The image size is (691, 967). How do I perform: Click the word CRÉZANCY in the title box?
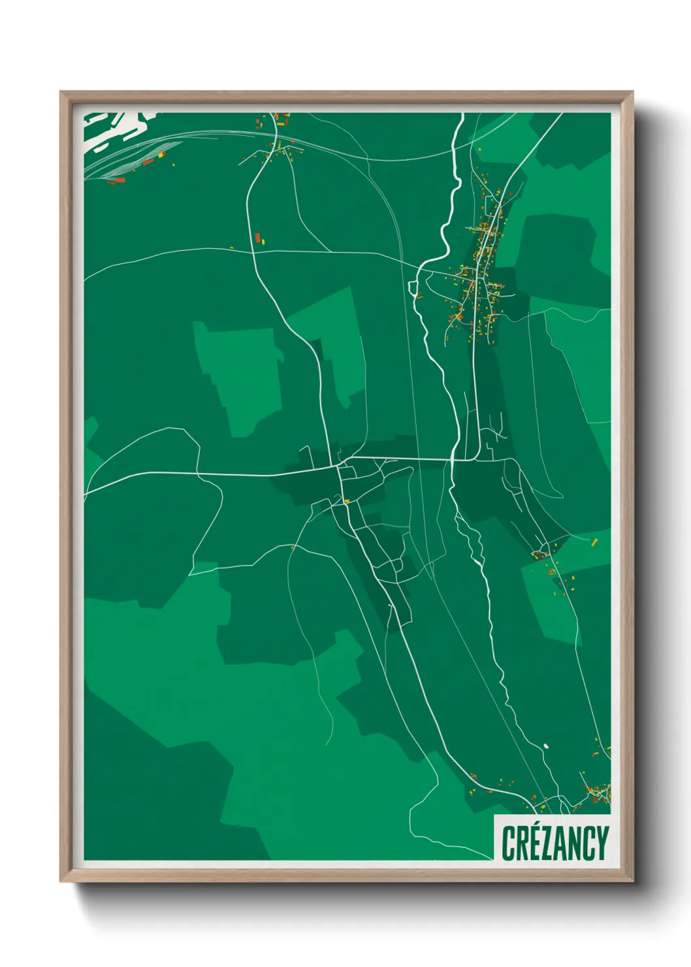pyautogui.click(x=554, y=843)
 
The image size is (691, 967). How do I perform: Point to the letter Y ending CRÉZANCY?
pyautogui.click(x=602, y=843)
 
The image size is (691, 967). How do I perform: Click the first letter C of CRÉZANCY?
pyautogui.click(x=507, y=843)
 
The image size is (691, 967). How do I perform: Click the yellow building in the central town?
pyautogui.click(x=347, y=501)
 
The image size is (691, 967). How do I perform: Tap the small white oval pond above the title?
pyautogui.click(x=546, y=745)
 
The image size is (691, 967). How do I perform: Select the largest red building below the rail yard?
pyautogui.click(x=120, y=180)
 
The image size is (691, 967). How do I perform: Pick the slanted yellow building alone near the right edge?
pyautogui.click(x=594, y=541)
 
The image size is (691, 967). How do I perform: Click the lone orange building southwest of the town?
pyautogui.click(x=293, y=548)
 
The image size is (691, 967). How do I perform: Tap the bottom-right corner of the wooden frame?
pyautogui.click(x=633, y=882)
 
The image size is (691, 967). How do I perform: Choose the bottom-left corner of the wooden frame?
pyautogui.click(x=61, y=882)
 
